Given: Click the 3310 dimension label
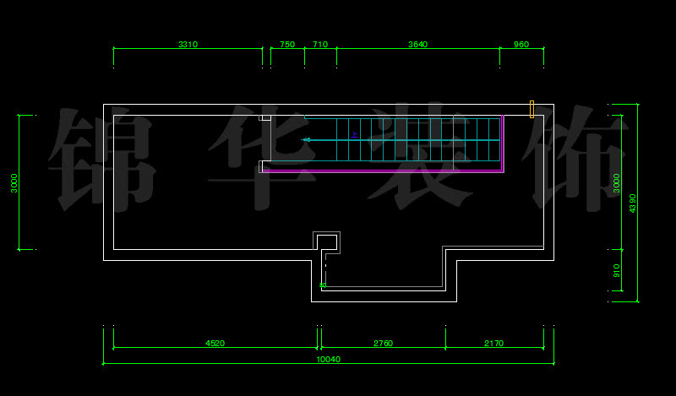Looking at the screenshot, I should (188, 45).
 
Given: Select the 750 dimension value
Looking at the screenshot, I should (287, 45).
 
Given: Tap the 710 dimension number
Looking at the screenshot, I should (320, 45).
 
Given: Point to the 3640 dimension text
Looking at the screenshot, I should (417, 45).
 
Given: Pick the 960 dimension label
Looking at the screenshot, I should (521, 45).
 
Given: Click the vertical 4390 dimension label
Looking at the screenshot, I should (633, 203).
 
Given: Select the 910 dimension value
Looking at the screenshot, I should (617, 270).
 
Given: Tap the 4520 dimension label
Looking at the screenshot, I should (215, 344).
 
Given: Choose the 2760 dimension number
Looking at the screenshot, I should (383, 344).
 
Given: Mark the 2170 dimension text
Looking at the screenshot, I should (494, 344).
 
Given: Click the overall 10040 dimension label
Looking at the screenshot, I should (328, 360).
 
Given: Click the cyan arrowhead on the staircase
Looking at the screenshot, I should (306, 139).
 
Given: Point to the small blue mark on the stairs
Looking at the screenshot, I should (355, 134).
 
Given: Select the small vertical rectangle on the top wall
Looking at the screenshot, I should (532, 108).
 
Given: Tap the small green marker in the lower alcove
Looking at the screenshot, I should (323, 285).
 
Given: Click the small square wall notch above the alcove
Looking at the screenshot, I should (329, 241).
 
